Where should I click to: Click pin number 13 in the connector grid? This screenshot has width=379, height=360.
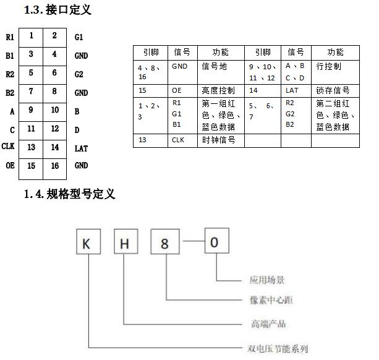coord(31,147)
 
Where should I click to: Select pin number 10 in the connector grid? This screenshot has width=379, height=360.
coord(55,110)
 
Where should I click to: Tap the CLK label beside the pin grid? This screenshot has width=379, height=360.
coord(8,146)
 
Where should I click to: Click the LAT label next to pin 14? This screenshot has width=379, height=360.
coord(81,148)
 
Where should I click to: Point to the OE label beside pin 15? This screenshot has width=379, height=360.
coord(10,166)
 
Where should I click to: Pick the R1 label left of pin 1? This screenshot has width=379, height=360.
coord(10,37)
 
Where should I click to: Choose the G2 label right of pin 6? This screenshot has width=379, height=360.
coord(79,74)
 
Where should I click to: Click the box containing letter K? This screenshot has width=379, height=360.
coord(88,241)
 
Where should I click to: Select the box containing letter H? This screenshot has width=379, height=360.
coord(126,241)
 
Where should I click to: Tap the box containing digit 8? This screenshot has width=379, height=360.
coord(165,242)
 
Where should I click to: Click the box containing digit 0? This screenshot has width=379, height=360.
coord(217,241)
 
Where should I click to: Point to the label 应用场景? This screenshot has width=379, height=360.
coord(267,280)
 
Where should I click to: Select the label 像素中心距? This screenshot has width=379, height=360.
coord(271,300)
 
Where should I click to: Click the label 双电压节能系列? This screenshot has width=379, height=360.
coord(278,349)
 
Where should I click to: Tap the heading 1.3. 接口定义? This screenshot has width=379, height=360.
coord(57,10)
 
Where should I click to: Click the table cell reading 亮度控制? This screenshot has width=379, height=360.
coord(218,91)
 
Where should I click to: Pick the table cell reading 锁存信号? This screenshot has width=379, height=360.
coord(333,91)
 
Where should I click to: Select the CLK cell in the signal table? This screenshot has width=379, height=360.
coord(178,140)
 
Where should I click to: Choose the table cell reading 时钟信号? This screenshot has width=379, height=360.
coord(218,140)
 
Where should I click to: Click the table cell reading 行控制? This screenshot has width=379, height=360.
coord(329,66)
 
